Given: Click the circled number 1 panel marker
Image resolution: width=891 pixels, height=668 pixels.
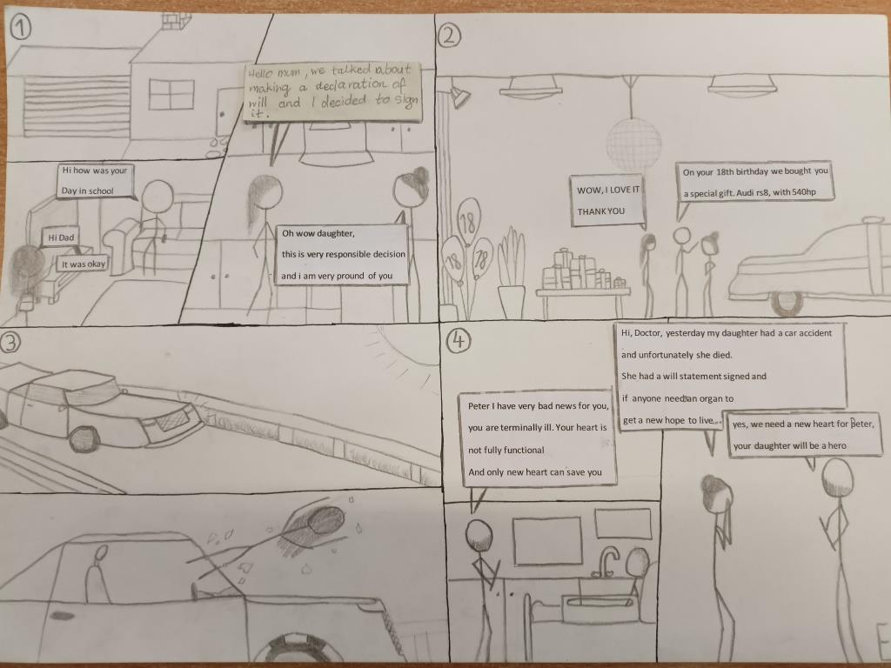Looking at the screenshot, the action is pyautogui.click(x=20, y=27).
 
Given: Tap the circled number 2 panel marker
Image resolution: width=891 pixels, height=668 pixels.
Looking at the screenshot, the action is pyautogui.click(x=449, y=37).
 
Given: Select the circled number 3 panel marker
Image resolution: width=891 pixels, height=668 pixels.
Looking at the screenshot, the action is pyautogui.click(x=10, y=343).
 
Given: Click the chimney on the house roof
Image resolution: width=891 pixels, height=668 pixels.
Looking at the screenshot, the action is pyautogui.click(x=176, y=21).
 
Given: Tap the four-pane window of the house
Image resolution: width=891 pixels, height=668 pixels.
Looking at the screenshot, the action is pyautogui.click(x=171, y=94).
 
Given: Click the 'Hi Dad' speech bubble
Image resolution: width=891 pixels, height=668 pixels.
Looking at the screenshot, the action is pyautogui.click(x=61, y=237).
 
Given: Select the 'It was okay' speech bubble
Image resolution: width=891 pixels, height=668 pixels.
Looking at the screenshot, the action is pyautogui.click(x=83, y=264).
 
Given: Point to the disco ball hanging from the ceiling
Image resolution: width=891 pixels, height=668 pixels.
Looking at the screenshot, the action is pyautogui.click(x=633, y=143).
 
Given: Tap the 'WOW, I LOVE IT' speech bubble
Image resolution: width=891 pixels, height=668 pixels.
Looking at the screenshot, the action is pyautogui.click(x=608, y=201).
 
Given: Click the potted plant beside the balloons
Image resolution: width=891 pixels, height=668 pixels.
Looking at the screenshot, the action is pyautogui.click(x=512, y=272).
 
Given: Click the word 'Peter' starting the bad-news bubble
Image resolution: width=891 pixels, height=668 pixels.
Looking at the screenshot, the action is pyautogui.click(x=479, y=405).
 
